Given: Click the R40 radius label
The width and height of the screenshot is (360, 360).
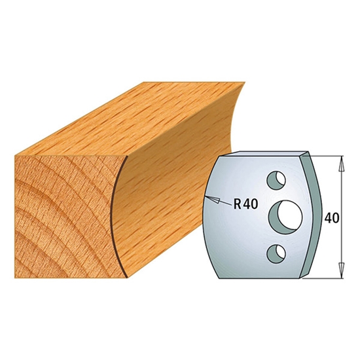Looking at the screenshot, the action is click(245, 204).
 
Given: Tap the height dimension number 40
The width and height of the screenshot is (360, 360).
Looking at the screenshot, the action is click(332, 218).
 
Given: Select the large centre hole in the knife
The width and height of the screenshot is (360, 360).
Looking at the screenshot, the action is click(286, 217).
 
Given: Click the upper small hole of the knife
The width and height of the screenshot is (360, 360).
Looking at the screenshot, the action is click(276, 180).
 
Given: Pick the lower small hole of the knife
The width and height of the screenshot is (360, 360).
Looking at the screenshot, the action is click(276, 254).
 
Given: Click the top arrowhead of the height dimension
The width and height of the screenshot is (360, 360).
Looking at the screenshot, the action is click(342, 164).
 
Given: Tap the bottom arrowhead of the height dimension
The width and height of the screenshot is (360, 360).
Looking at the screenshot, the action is click(342, 270).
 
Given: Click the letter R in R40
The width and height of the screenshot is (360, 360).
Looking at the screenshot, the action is click(238, 204).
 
